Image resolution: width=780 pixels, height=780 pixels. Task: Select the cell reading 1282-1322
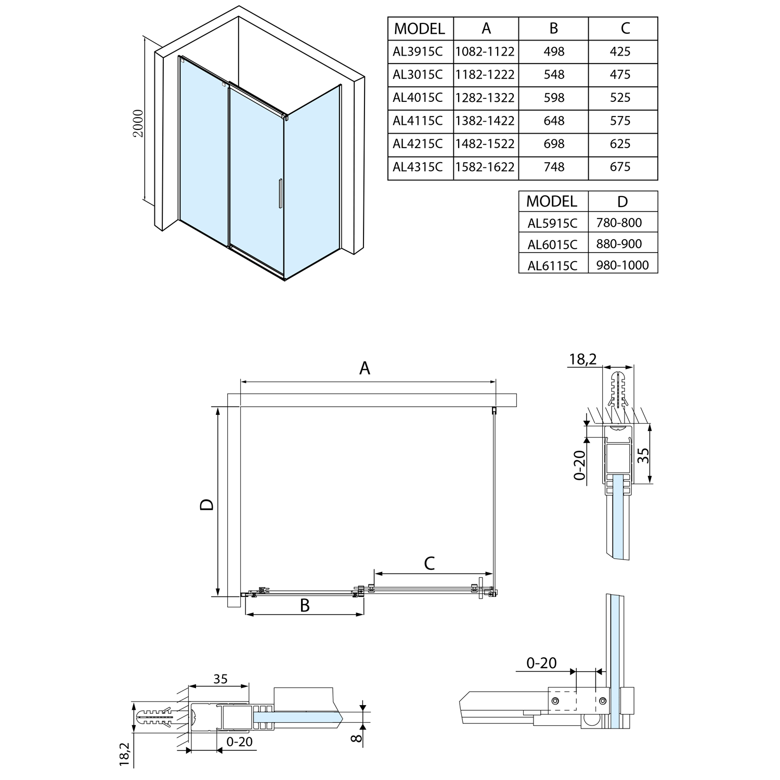[485, 98]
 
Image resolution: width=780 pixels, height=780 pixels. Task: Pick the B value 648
[554, 121]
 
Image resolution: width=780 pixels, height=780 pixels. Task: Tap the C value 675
[620, 167]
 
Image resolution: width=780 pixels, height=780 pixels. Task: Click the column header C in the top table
[625, 28]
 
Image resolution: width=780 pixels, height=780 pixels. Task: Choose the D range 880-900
[619, 244]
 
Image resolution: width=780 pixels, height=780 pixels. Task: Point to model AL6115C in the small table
[552, 266]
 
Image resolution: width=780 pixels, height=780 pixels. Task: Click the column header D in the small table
[622, 201]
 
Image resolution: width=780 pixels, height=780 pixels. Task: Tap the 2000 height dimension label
[138, 123]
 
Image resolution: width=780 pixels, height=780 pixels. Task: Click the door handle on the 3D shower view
[280, 194]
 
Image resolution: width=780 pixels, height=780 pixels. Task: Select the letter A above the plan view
[365, 368]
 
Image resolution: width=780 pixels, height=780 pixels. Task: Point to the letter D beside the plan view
[207, 504]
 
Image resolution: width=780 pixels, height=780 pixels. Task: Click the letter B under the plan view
[305, 605]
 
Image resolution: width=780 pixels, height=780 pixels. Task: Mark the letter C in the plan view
[430, 563]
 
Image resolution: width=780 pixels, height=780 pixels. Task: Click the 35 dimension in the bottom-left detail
[220, 679]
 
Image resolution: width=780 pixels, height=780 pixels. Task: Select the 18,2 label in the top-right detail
[582, 359]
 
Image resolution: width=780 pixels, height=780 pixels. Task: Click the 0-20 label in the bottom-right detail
[541, 663]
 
